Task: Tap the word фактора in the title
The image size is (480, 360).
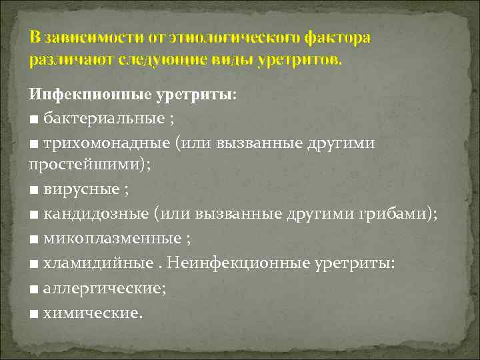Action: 337,37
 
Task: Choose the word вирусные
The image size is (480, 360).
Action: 79,189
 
